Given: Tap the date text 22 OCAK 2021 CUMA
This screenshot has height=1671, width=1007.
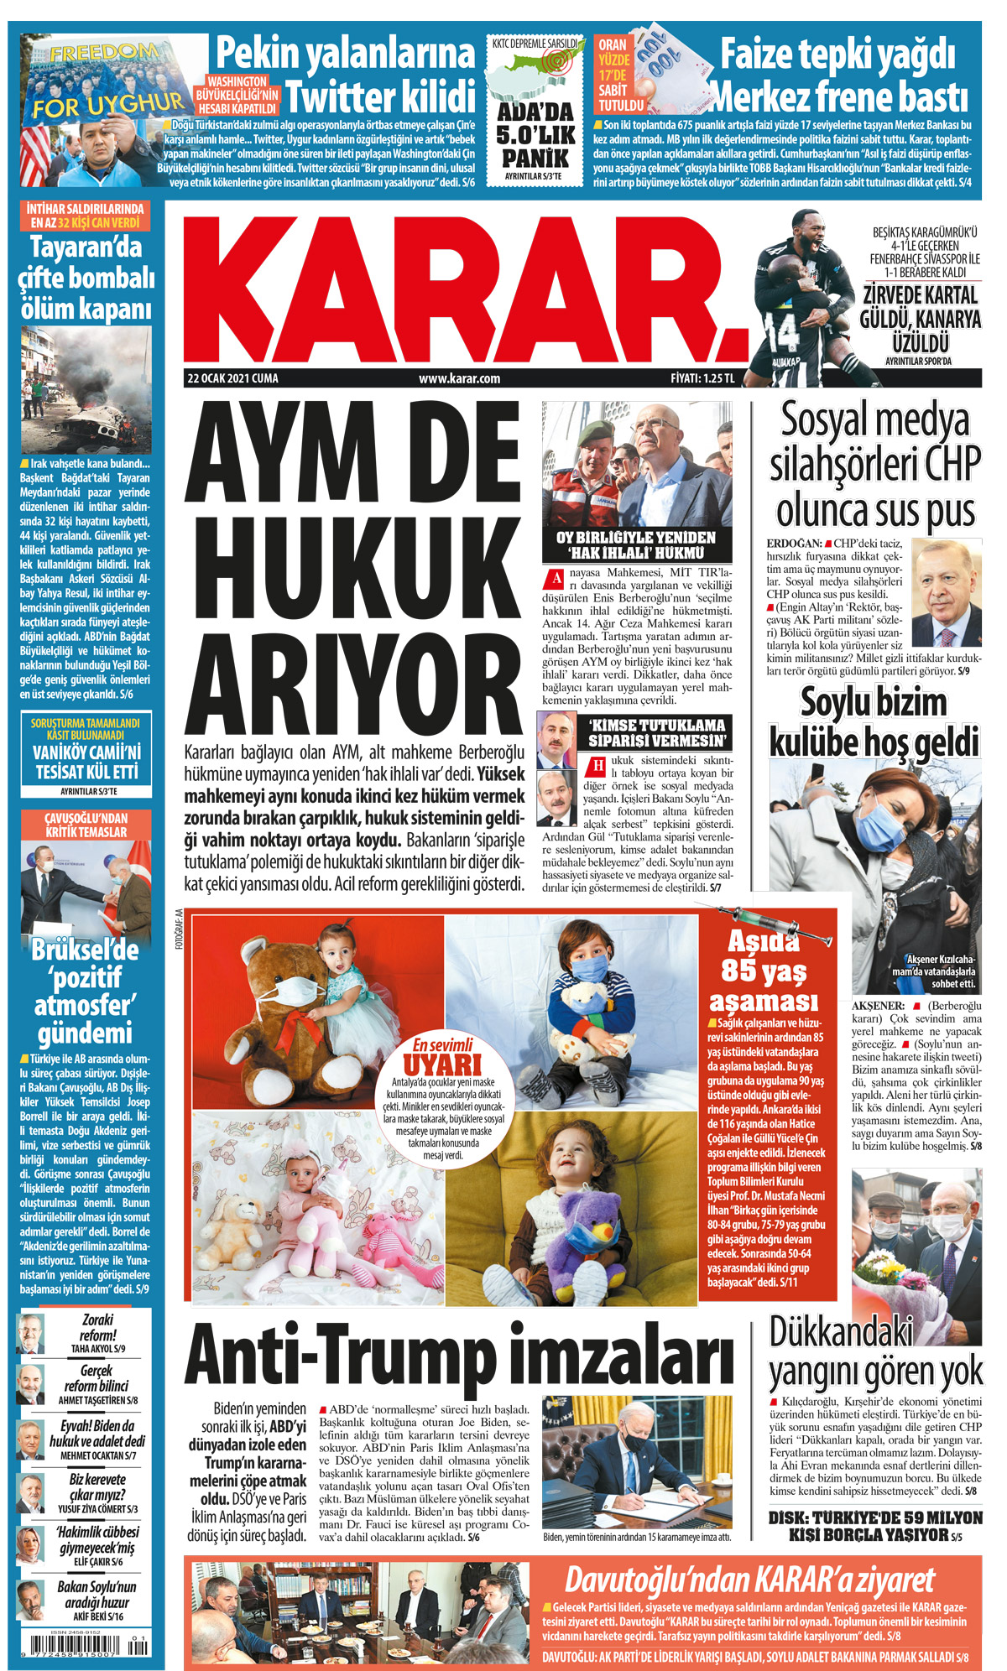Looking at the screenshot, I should [232, 378].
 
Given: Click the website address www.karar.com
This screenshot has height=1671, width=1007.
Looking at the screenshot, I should [459, 378].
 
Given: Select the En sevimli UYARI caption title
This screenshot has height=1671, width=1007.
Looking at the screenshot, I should [443, 1058].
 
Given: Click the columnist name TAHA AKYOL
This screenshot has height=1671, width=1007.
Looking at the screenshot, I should [92, 1349].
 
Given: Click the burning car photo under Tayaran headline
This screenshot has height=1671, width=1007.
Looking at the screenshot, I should [86, 389].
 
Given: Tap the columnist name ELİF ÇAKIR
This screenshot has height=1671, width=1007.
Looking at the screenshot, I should [93, 1562].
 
